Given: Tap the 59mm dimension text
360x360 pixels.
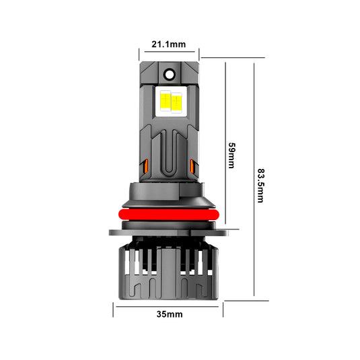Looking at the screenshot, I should (x=231, y=155).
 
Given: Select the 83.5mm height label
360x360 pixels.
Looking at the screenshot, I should (x=260, y=178).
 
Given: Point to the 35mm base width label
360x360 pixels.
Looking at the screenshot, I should (x=169, y=314).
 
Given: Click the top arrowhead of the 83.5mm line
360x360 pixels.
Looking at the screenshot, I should (x=254, y=59).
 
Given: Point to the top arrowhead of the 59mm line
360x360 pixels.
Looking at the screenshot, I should (x=225, y=59).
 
